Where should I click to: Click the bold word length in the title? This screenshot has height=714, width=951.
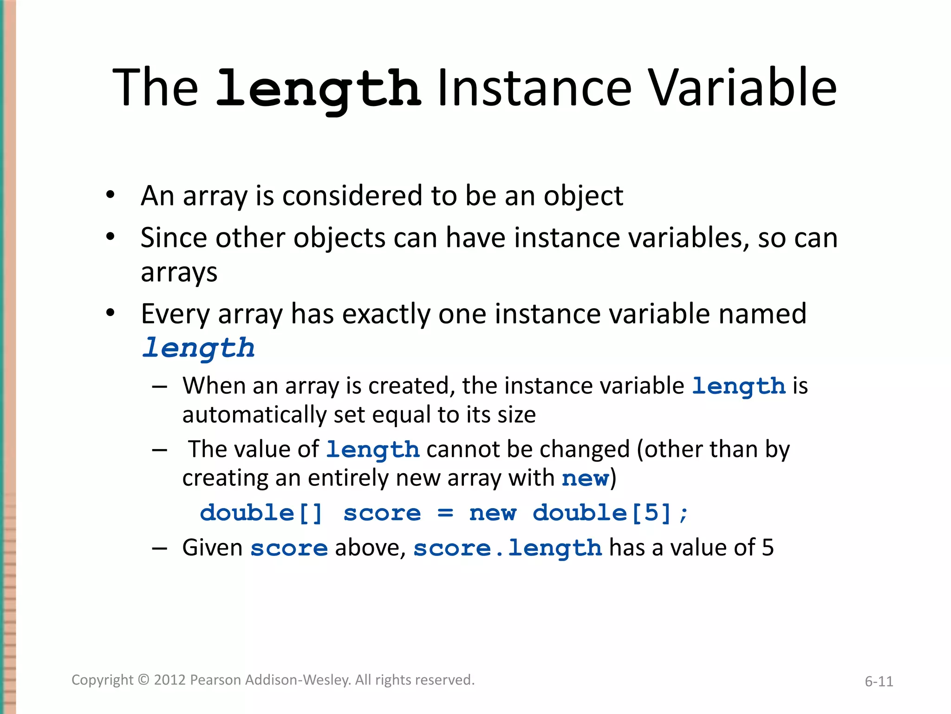point(319,88)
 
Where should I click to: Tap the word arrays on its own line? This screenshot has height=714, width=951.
point(179,273)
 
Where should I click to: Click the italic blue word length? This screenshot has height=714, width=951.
point(199,348)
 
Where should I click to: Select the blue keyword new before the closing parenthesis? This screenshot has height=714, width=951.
point(585,478)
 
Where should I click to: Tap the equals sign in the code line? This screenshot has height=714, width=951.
point(445,513)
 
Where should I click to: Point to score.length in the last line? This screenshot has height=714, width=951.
point(508,548)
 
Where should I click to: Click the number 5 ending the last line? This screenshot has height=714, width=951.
point(768,548)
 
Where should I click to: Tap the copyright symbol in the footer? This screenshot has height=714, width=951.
point(144,680)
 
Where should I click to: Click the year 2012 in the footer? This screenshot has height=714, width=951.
point(170,680)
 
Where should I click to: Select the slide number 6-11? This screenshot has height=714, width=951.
point(879,681)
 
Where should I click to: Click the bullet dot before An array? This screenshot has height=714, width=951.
point(110,195)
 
